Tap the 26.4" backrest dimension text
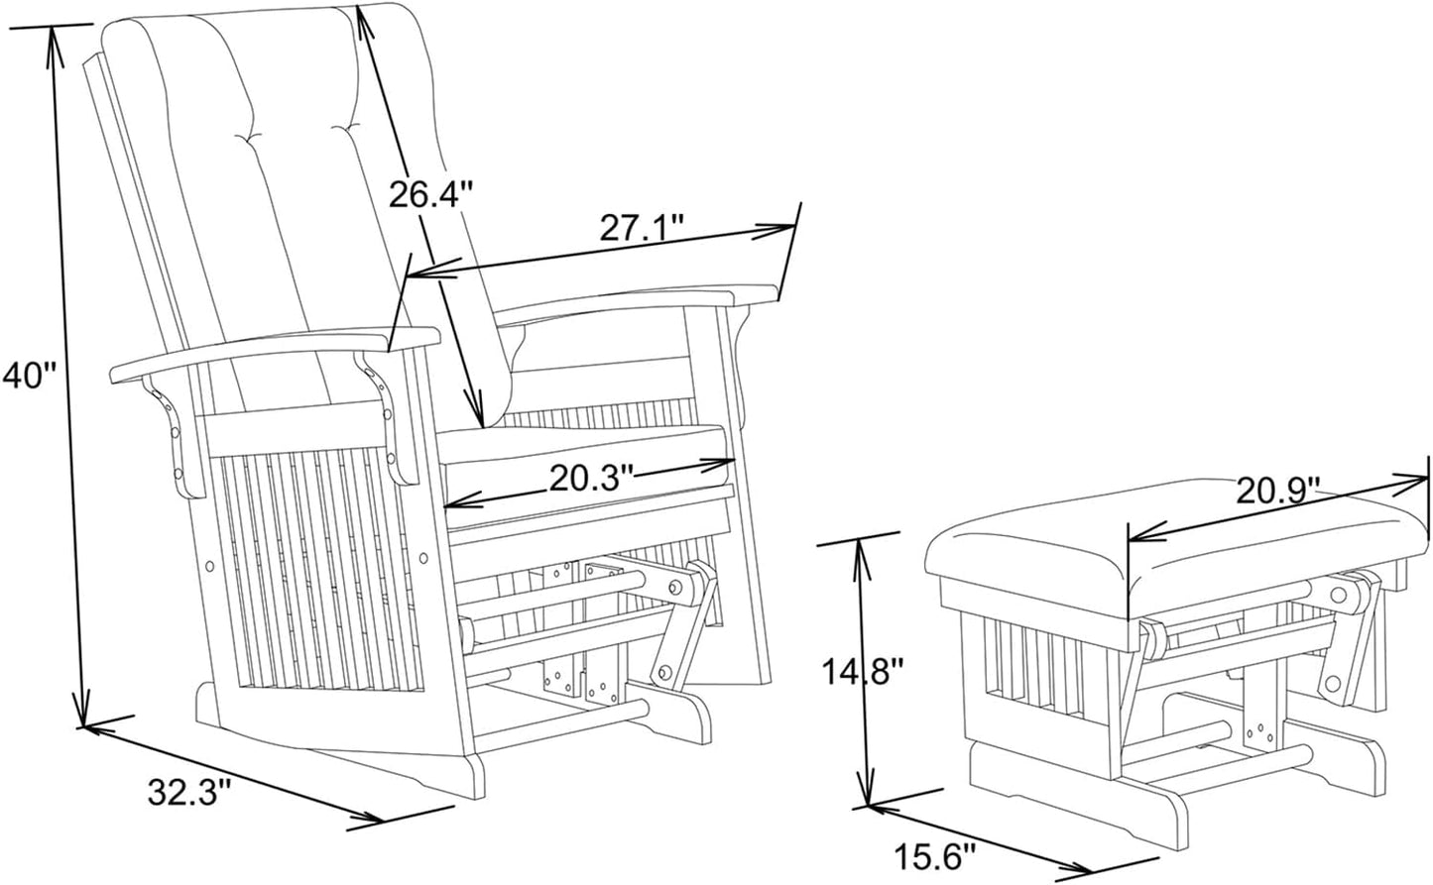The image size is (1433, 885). coord(431,193)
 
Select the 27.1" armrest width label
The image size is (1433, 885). coord(642,227)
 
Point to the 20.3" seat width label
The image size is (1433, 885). coord(591,478)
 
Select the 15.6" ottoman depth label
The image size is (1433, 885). coord(935,855)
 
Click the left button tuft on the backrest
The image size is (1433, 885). coord(251,136)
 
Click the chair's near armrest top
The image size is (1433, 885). coord(275,354)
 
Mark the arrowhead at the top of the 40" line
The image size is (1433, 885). coord(55,44)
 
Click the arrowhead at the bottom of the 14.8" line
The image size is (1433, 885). coord(867,792)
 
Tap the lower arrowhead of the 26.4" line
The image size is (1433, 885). coord(475,409)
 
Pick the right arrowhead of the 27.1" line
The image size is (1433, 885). coord(775,229)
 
